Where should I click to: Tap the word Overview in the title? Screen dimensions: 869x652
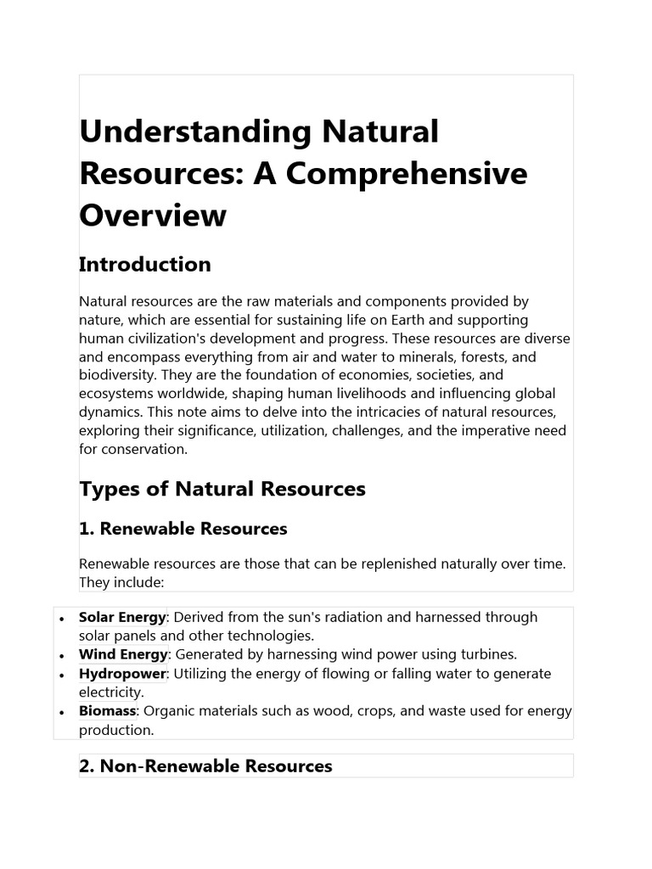[153, 216]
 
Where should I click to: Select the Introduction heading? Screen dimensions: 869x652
[144, 265]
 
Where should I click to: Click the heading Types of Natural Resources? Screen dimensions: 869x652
[222, 489]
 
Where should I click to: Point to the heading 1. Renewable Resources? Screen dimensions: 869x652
[183, 529]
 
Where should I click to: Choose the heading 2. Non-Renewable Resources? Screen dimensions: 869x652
[205, 766]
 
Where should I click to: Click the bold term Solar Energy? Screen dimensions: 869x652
[122, 617]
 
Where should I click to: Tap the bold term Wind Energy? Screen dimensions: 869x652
[124, 654]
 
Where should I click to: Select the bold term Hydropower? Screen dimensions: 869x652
[122, 673]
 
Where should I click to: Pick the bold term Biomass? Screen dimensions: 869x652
[108, 711]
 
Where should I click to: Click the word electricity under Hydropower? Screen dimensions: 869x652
[110, 692]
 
